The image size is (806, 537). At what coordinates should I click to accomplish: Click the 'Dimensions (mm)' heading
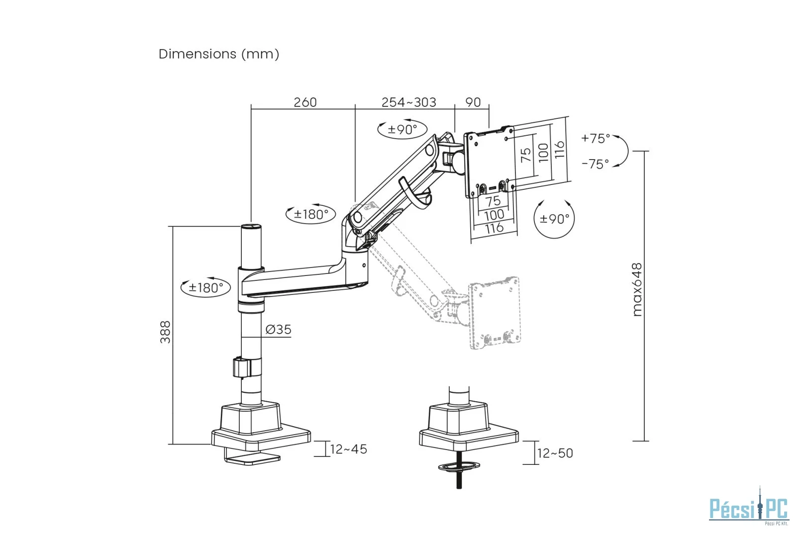click(x=218, y=54)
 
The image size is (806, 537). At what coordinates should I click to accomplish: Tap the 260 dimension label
click(x=304, y=102)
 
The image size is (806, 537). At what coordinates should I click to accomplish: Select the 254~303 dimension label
click(x=408, y=102)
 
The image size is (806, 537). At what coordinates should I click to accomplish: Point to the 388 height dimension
click(x=165, y=332)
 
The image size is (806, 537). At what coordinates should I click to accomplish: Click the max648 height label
click(x=637, y=290)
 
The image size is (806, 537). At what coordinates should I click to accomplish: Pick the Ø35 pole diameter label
click(x=278, y=329)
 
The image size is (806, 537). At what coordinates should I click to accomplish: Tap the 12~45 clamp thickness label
click(x=348, y=449)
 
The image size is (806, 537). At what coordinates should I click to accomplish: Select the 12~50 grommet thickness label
click(x=555, y=453)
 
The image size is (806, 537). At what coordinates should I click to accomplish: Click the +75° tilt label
click(x=596, y=138)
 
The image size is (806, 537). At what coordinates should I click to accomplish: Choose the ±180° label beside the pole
click(x=205, y=287)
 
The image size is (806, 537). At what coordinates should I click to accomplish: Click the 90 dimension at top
click(x=473, y=102)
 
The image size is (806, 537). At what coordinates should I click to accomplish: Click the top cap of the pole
click(x=251, y=227)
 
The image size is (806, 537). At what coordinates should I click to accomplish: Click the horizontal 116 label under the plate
click(x=494, y=228)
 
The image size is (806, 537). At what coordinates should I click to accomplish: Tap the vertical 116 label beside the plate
click(x=559, y=149)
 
